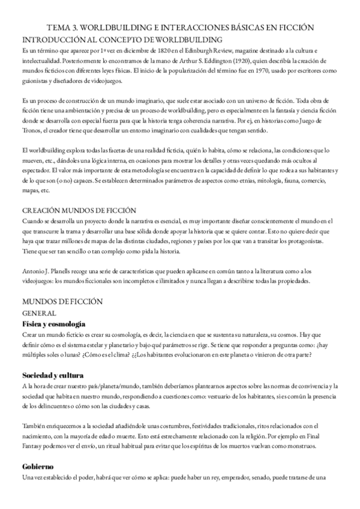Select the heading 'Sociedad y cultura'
pos(53,376)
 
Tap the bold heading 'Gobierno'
pos(38,465)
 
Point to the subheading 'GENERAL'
pos(40,313)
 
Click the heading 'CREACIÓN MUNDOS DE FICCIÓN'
pos(79,211)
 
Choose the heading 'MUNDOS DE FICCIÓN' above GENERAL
pos(62,301)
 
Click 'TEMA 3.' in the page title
pos(62,28)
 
